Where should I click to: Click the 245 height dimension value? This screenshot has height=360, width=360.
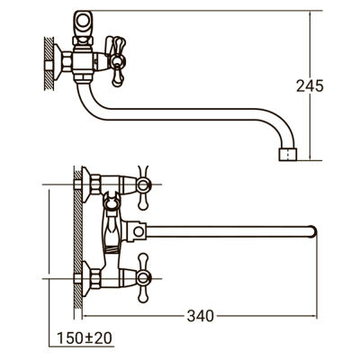coord(309,85)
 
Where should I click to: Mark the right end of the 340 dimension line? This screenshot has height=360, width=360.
coord(320,316)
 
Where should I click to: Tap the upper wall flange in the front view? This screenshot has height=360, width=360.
coord(88,185)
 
